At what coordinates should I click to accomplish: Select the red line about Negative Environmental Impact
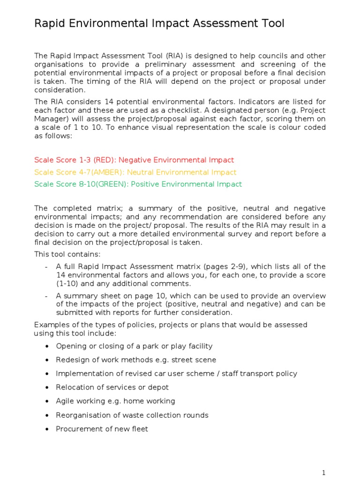134,160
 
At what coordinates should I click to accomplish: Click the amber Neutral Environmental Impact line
135,172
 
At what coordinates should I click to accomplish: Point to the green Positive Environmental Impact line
138,184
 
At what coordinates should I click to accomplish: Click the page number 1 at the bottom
323,472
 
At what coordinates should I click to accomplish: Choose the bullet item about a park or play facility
134,346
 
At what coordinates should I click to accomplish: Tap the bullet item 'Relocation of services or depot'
112,388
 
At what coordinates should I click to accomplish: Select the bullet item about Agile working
115,401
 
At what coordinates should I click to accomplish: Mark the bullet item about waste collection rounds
132,415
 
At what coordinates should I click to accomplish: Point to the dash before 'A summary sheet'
46,296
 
